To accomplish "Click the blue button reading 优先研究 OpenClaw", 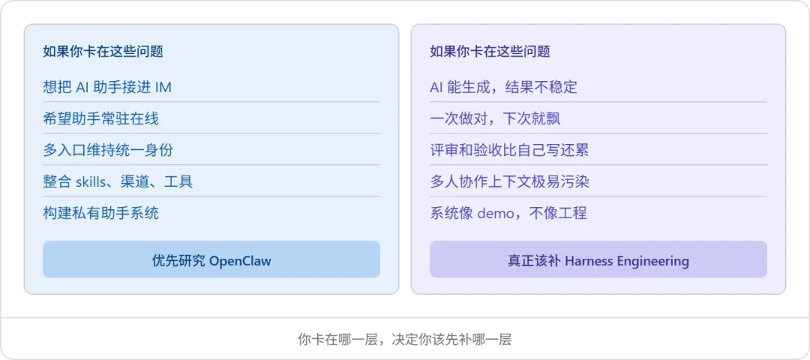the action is [211, 260].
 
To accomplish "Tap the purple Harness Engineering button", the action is [598, 260].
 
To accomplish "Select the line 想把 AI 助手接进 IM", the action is [107, 87].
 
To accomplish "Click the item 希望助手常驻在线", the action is [100, 118].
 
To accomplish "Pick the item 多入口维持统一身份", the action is [108, 150].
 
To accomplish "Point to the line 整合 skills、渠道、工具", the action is [118, 181].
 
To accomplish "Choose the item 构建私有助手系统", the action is [100, 213].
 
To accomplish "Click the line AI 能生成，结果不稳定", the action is [503, 87].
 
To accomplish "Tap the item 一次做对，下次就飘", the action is [495, 118].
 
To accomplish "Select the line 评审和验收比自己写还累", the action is [509, 150].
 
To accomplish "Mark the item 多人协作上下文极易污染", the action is [509, 181].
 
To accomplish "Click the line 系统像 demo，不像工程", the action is [508, 213].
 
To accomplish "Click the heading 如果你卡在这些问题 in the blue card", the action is [103, 52].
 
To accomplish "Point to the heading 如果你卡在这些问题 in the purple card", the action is [490, 52].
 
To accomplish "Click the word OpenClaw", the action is [240, 261].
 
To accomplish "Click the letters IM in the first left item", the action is [163, 87].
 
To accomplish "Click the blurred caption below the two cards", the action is [405, 339].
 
